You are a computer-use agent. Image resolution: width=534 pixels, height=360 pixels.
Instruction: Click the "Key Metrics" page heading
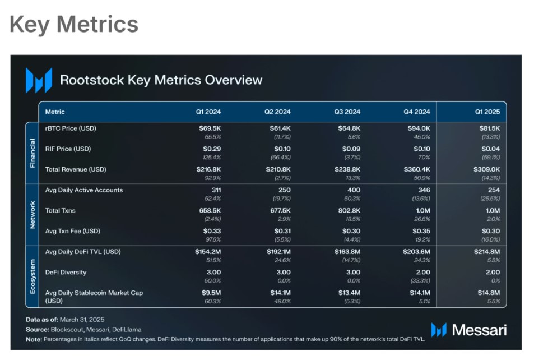click(74, 24)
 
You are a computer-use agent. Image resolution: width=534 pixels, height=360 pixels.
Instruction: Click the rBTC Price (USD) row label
click(71, 128)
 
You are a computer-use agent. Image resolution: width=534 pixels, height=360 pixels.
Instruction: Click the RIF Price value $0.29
click(212, 149)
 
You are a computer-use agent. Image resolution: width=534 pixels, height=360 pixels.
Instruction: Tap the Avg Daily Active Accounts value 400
click(354, 190)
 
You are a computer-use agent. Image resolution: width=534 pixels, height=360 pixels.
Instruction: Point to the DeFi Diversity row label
click(66, 273)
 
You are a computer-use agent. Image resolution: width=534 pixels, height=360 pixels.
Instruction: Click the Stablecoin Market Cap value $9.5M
click(210, 293)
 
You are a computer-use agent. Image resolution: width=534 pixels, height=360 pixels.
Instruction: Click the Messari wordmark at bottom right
click(479, 330)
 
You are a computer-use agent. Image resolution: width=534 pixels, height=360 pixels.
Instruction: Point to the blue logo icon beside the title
click(39, 80)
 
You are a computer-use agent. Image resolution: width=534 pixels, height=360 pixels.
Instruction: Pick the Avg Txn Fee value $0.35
click(421, 231)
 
